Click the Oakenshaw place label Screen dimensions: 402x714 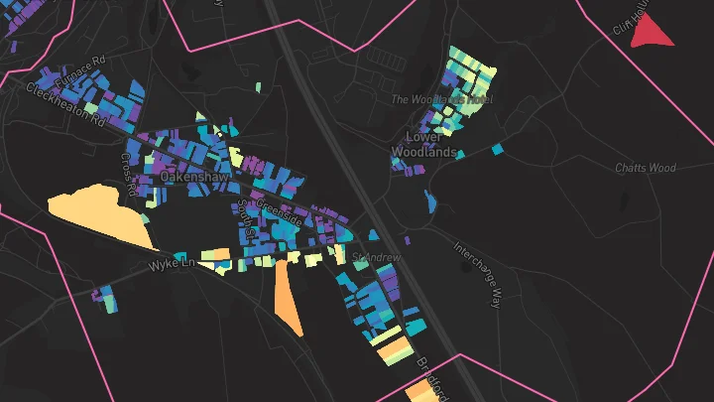(x=195, y=176)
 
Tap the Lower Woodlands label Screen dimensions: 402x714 (x=423, y=145)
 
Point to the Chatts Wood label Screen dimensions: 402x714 (x=645, y=168)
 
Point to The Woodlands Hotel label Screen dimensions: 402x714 (x=441, y=99)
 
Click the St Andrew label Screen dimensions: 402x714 (x=376, y=257)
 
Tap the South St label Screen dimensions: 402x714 (x=246, y=218)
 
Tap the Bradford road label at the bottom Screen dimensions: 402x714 (x=433, y=372)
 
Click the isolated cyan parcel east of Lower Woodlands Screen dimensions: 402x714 (x=499, y=150)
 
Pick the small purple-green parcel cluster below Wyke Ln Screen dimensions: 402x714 (x=103, y=296)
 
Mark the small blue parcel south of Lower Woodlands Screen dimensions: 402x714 (x=431, y=201)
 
